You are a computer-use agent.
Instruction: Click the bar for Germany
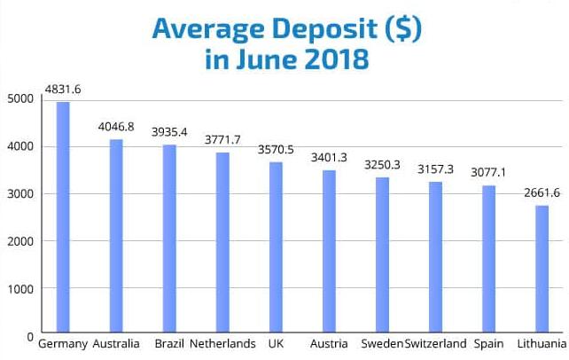pyautogui.click(x=63, y=218)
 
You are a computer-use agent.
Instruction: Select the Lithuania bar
pyautogui.click(x=542, y=270)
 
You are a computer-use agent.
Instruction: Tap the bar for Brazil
pyautogui.click(x=169, y=239)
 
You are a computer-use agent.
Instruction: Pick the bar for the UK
pyautogui.click(x=276, y=248)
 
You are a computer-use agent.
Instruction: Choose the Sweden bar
pyautogui.click(x=382, y=255)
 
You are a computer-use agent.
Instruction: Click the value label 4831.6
pyautogui.click(x=63, y=90)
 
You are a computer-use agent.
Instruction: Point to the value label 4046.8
pyautogui.click(x=116, y=127)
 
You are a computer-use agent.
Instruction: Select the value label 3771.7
pyautogui.click(x=222, y=140)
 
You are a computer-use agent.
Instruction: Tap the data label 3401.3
pyautogui.click(x=329, y=158)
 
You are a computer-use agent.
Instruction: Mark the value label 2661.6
pyautogui.click(x=542, y=193)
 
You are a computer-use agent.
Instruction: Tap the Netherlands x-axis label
pyautogui.click(x=222, y=344)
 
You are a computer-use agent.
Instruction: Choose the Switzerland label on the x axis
pyautogui.click(x=435, y=344)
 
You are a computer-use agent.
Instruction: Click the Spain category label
pyautogui.click(x=488, y=344)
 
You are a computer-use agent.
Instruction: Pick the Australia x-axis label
pyautogui.click(x=116, y=344)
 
